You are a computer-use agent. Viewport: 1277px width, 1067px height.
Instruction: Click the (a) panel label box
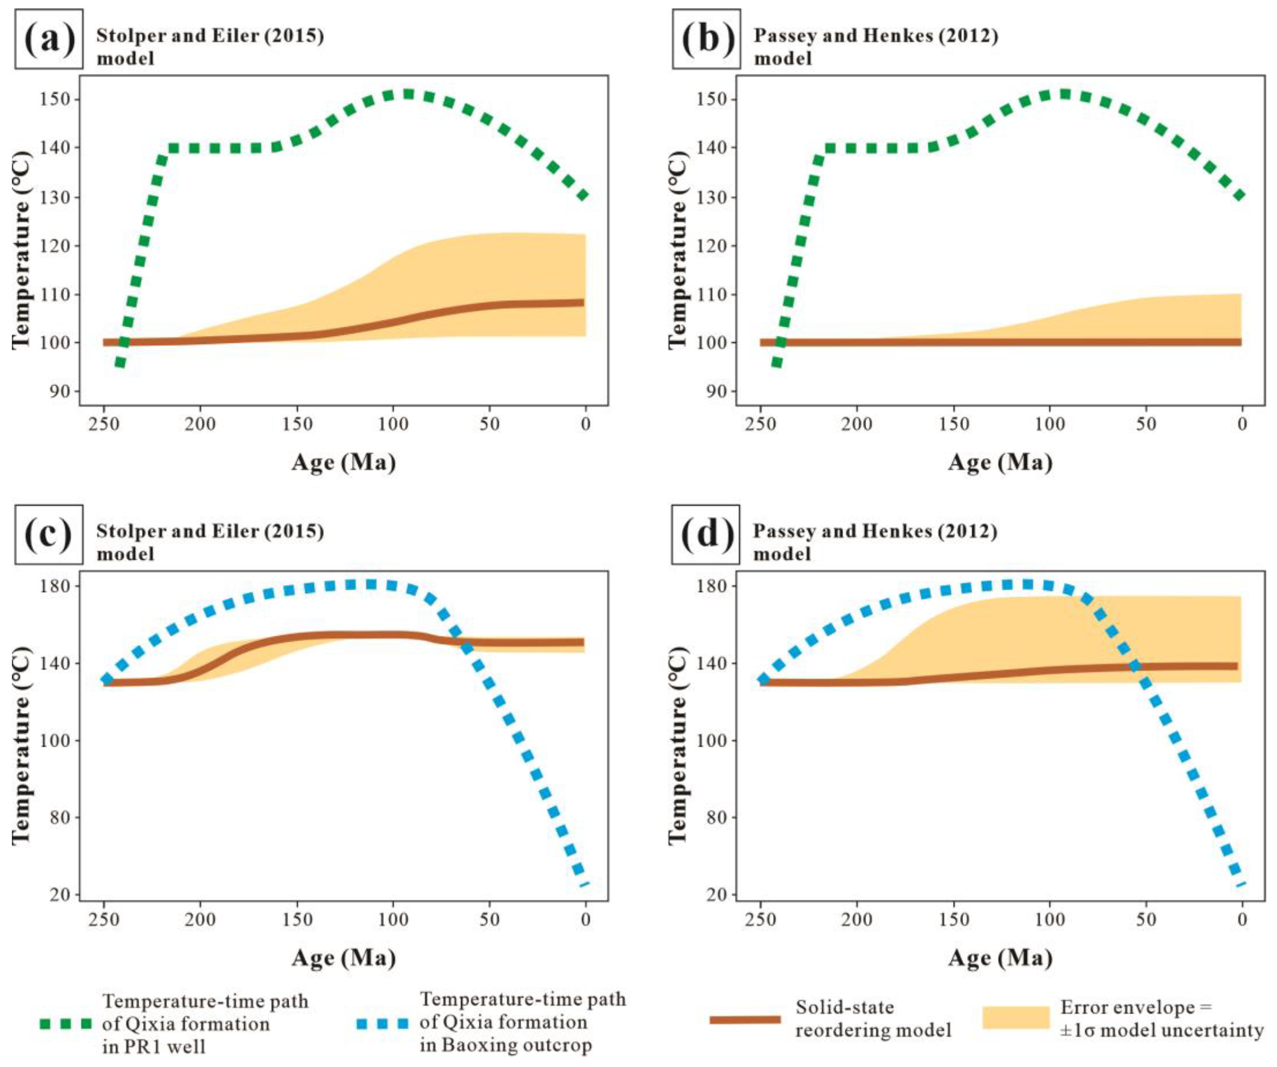pyautogui.click(x=49, y=38)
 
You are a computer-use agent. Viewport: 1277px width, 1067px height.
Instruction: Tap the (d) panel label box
pyautogui.click(x=706, y=534)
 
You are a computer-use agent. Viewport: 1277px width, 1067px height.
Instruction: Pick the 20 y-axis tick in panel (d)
pyautogui.click(x=717, y=894)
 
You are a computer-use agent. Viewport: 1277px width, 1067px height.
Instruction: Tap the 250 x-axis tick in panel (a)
pyautogui.click(x=104, y=424)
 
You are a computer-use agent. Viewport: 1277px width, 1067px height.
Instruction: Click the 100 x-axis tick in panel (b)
pyautogui.click(x=1049, y=424)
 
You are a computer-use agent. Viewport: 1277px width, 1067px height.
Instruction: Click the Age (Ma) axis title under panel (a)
pyautogui.click(x=344, y=463)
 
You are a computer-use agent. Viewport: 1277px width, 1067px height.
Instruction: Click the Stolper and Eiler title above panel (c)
pyautogui.click(x=210, y=531)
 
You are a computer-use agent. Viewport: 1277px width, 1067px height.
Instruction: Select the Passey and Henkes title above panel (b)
pyautogui.click(x=876, y=36)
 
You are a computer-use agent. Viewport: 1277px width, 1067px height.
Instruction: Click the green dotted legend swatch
pyautogui.click(x=66, y=1024)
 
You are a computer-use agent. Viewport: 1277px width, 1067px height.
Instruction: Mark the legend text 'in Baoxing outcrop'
pyautogui.click(x=505, y=1045)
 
